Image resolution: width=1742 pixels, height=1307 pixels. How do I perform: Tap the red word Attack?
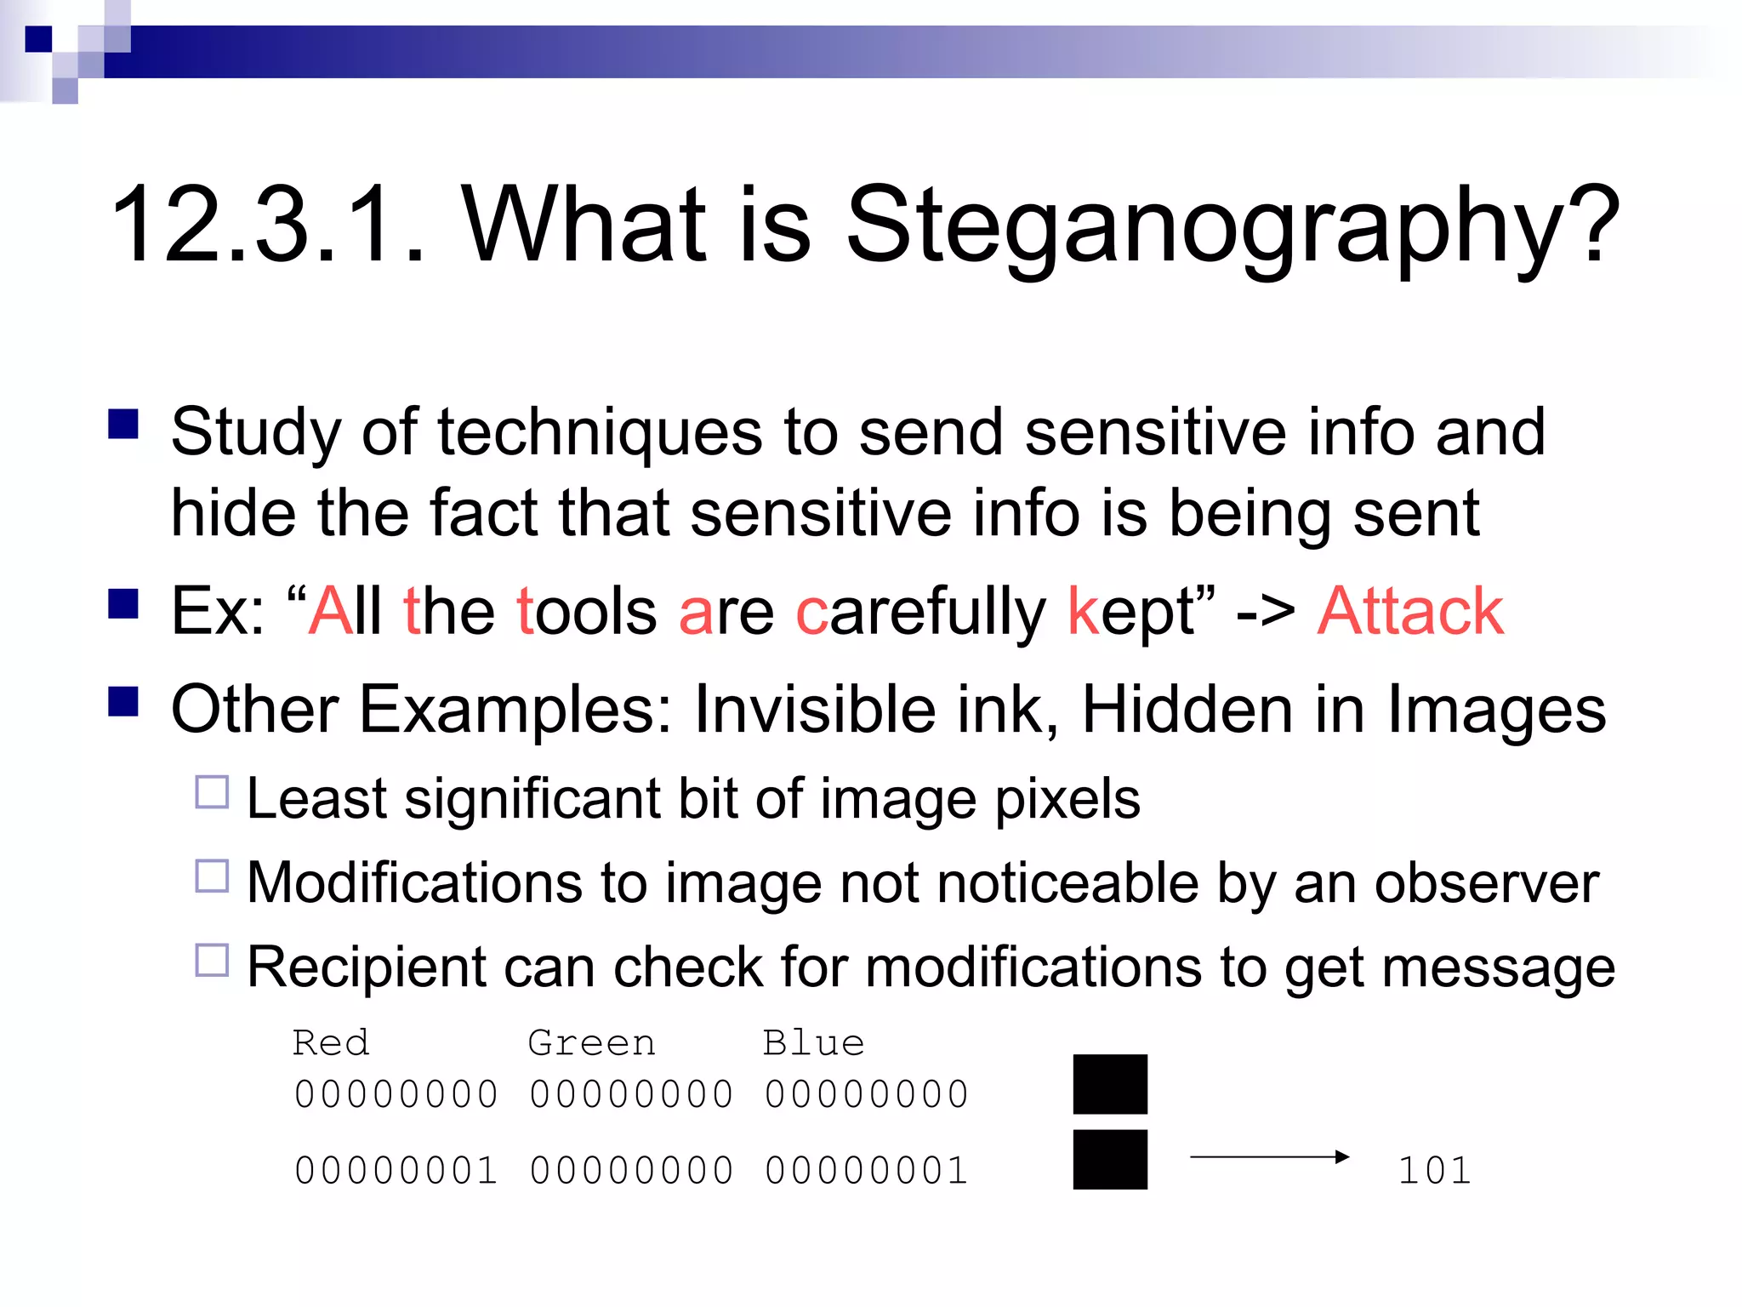tap(1410, 612)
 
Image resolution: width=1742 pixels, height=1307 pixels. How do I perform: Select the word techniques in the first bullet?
tap(600, 432)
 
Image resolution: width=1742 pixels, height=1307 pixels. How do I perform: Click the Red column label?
tap(331, 1043)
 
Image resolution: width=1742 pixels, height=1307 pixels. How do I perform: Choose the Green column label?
tap(591, 1043)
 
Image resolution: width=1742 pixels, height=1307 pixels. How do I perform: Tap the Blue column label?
tap(813, 1043)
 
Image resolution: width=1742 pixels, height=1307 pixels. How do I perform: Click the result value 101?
tap(1434, 1171)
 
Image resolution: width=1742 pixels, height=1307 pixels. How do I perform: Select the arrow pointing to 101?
tap(1269, 1156)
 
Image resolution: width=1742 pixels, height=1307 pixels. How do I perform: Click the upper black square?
tap(1110, 1084)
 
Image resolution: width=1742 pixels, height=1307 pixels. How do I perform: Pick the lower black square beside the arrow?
tap(1110, 1159)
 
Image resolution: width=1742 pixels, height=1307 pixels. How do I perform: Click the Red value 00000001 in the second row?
tap(396, 1171)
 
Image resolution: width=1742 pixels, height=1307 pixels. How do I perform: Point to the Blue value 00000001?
tap(866, 1171)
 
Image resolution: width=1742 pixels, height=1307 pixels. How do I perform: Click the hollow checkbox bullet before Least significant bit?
tap(212, 792)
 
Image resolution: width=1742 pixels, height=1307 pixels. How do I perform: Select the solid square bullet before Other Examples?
tap(124, 702)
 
